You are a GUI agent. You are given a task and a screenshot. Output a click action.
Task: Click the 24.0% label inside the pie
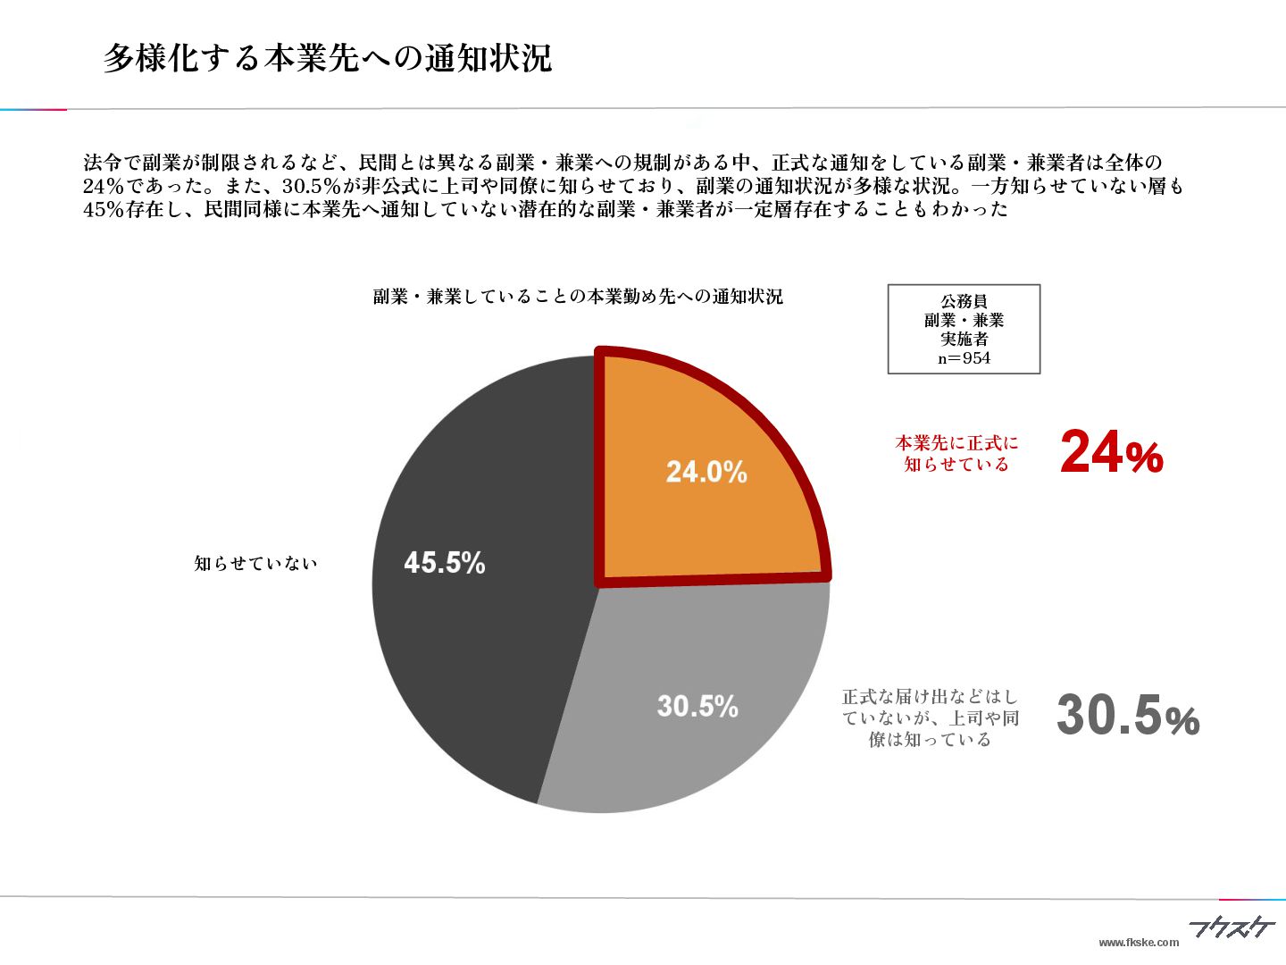coord(706,472)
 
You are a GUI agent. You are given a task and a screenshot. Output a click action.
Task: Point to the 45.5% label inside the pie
coord(445,563)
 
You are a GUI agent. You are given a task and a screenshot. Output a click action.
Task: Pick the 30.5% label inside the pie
coord(697,707)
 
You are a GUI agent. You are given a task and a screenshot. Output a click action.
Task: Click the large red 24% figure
coord(1111,452)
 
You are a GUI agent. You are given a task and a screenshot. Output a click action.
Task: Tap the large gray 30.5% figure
coord(1127,717)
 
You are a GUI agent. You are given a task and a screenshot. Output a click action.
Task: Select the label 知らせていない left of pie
coord(256,564)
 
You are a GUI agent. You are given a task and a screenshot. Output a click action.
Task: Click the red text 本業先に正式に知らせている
coord(956,453)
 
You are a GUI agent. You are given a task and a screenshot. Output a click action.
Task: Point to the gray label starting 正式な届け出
coord(931,717)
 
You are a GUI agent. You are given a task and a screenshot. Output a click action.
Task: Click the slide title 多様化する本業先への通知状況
coord(328,58)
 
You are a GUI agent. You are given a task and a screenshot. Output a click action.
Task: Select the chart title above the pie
coord(578,297)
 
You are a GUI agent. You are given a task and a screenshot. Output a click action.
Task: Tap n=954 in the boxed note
coord(964,358)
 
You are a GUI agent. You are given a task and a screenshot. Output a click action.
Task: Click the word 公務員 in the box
coord(964,301)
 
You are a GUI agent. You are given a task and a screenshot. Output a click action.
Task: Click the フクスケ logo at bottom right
coord(1232,929)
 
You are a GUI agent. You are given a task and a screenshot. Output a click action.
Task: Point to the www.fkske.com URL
coord(1138,943)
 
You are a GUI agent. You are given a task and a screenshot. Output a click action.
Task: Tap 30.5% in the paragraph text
coord(312,188)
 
